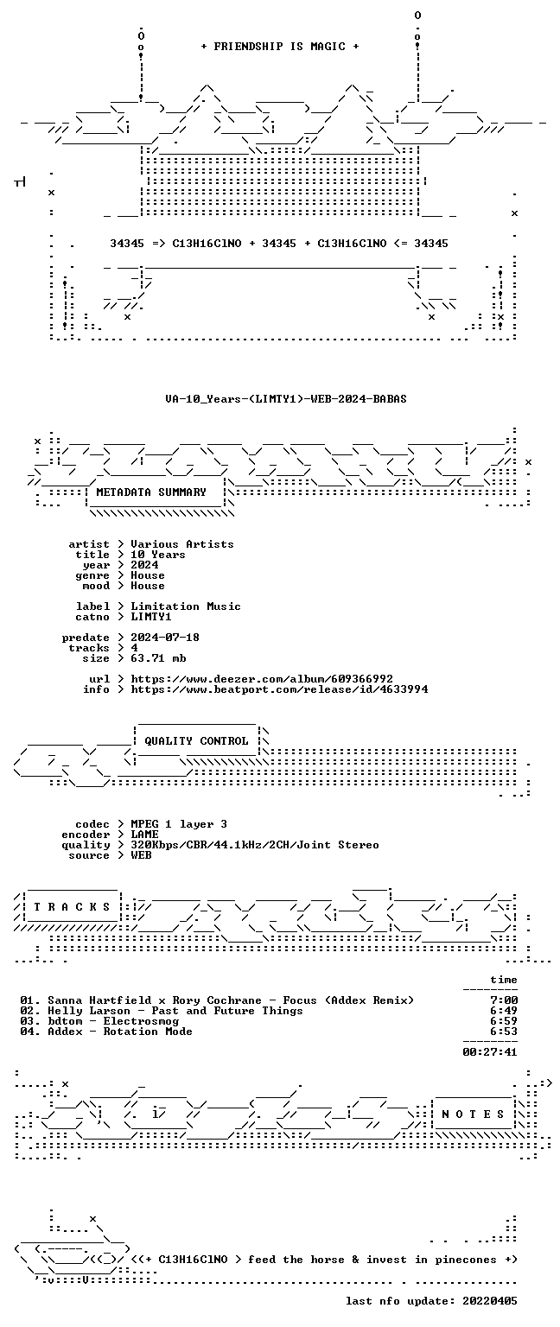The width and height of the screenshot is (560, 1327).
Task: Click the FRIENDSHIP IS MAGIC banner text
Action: [280, 46]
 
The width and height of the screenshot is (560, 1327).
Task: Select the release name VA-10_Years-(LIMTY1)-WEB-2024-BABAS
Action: [286, 398]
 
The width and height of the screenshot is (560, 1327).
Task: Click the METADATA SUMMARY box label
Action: [151, 492]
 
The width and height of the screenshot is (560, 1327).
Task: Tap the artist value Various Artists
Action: [182, 543]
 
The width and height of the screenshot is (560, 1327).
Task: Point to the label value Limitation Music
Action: [186, 606]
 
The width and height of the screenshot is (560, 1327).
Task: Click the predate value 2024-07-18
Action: [165, 638]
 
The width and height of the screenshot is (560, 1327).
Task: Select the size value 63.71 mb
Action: [158, 658]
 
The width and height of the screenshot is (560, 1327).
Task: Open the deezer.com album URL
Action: [262, 679]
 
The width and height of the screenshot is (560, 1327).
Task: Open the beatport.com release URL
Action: [279, 689]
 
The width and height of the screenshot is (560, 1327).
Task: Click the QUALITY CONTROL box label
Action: [196, 741]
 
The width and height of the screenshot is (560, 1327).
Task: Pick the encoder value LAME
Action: [144, 834]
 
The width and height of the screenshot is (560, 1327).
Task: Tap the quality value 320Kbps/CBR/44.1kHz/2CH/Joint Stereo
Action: [255, 845]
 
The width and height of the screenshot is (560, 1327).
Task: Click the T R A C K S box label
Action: [72, 907]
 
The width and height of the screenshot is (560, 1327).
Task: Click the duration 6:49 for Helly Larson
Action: [504, 1011]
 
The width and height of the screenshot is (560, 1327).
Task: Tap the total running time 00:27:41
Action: [490, 1052]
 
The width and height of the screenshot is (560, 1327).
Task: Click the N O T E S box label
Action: [473, 1114]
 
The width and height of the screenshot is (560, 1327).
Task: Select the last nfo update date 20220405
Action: [490, 1301]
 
